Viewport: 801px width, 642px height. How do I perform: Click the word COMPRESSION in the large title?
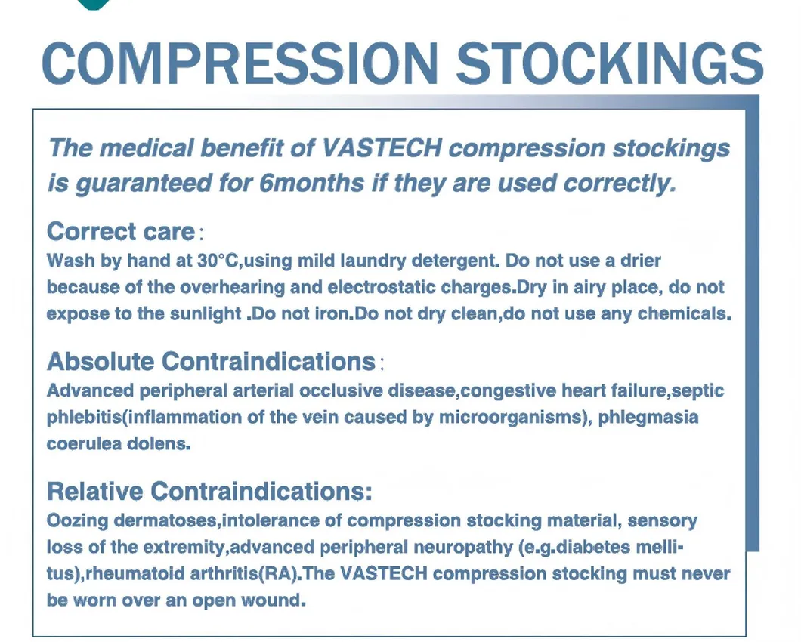click(x=240, y=63)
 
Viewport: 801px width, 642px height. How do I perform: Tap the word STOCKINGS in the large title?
click(x=610, y=63)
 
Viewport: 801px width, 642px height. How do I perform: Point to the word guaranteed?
click(x=144, y=184)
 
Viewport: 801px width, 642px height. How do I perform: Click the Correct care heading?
click(x=121, y=231)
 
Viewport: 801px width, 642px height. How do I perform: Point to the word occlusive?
click(x=341, y=390)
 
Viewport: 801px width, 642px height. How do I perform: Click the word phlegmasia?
click(x=648, y=417)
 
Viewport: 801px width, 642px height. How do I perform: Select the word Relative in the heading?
click(x=94, y=491)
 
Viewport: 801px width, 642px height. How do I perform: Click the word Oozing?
click(x=77, y=521)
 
